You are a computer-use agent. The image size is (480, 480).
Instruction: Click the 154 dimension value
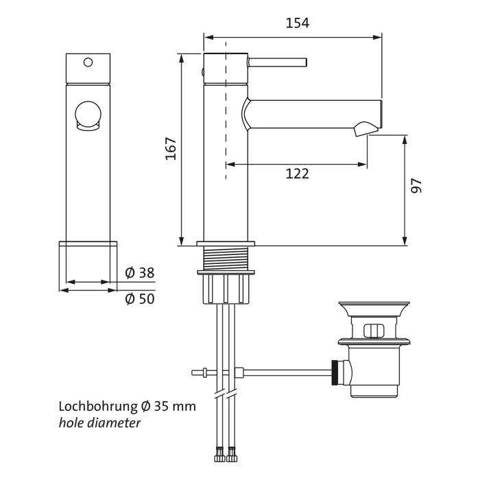(297, 23)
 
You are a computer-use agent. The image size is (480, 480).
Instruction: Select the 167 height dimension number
(171, 149)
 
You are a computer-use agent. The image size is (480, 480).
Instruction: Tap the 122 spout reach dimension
(297, 174)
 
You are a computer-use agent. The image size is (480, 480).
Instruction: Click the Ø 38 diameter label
(140, 273)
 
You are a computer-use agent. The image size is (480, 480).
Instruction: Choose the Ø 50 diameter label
(140, 299)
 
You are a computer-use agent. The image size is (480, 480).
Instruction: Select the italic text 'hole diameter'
(99, 423)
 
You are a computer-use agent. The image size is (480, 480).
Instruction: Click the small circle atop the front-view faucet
(87, 62)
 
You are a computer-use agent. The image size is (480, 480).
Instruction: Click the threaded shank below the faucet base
(226, 259)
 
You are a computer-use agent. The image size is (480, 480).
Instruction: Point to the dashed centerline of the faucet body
(226, 137)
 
